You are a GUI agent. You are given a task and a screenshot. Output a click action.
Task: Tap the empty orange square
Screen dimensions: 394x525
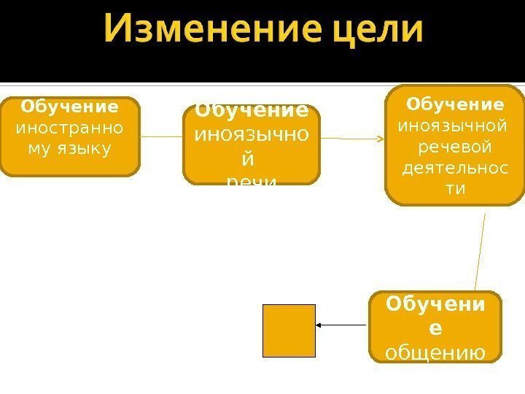(289, 331)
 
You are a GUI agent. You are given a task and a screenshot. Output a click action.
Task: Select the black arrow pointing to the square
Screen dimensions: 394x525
(341, 325)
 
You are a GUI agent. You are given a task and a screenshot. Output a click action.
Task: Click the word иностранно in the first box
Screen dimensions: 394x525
(69, 128)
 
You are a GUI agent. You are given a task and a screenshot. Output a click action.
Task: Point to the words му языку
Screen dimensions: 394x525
(69, 149)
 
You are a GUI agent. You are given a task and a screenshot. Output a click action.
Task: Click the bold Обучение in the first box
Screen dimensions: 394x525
(69, 107)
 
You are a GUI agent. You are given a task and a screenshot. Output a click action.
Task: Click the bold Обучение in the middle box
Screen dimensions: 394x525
(251, 112)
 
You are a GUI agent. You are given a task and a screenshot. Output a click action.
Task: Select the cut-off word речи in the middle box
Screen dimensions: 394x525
(251, 179)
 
